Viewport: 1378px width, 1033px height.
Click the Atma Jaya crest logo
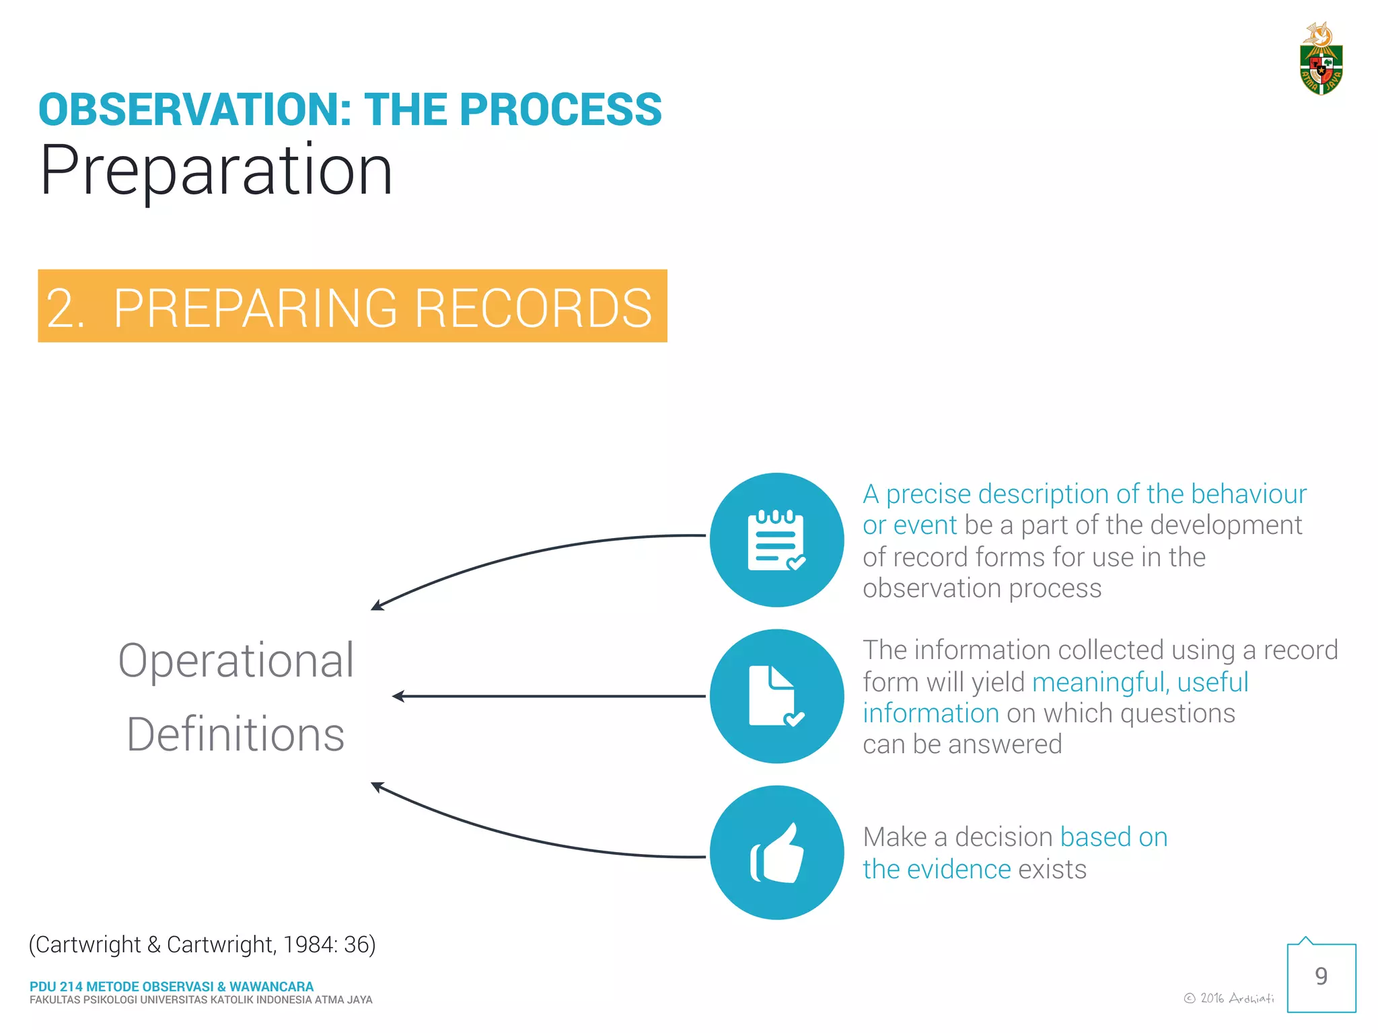(x=1321, y=61)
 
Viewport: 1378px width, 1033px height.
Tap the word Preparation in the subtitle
(x=216, y=171)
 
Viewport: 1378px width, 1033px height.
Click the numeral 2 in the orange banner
(x=62, y=308)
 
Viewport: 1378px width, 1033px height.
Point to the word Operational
(x=235, y=660)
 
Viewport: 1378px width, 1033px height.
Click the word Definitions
(x=235, y=734)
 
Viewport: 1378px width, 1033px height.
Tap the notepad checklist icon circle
(x=776, y=540)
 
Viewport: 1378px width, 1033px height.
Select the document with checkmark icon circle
(x=776, y=696)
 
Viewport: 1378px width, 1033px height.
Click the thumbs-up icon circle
(x=776, y=852)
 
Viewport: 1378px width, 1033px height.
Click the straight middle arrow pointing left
(x=548, y=696)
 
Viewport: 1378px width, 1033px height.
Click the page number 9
(x=1321, y=977)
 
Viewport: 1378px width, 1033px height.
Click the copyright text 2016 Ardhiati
(x=1229, y=998)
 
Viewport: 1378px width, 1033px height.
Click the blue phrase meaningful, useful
(x=1140, y=682)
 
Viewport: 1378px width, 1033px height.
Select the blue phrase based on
(x=1114, y=837)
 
